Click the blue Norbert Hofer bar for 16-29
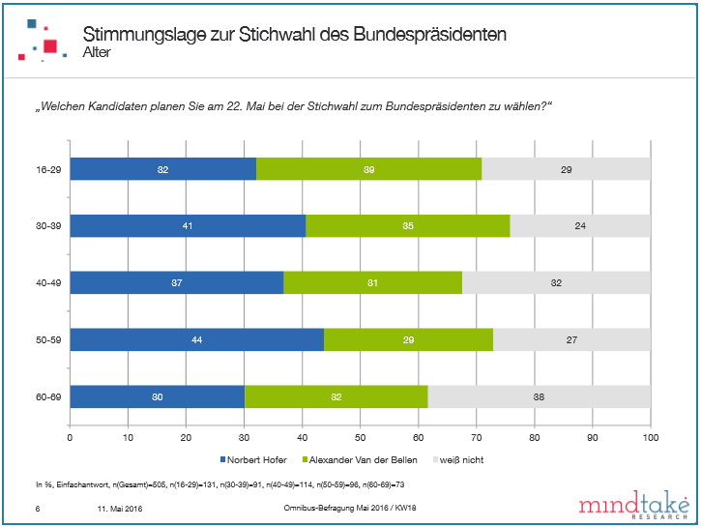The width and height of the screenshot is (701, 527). tap(162, 170)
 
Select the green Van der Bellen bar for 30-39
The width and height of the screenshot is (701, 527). tap(407, 226)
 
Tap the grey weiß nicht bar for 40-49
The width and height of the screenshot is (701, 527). tap(556, 282)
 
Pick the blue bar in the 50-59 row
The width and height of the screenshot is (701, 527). tap(196, 340)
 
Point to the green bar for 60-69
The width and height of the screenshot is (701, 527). tap(336, 396)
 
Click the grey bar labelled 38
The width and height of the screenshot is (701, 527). tap(539, 396)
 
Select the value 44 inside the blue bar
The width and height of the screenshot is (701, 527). tap(196, 340)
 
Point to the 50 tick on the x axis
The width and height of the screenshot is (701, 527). tap(360, 436)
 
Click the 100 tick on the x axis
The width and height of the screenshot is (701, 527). tap(650, 436)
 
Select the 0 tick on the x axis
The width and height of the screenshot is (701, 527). tap(70, 436)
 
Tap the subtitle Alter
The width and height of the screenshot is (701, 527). tap(97, 51)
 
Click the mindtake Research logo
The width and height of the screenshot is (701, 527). tap(632, 506)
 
